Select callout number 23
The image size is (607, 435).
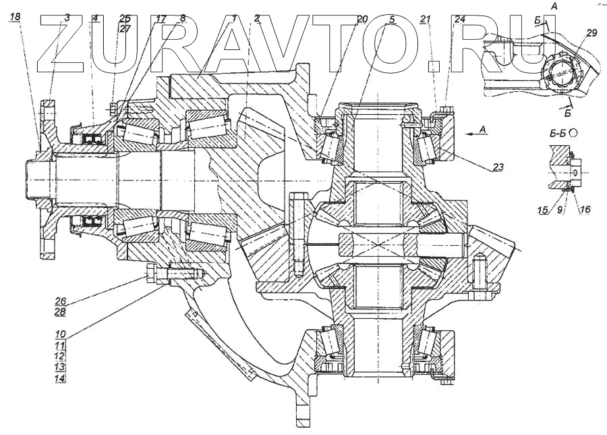click(x=498, y=167)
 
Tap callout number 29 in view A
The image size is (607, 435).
click(x=591, y=33)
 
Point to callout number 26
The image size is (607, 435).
click(x=61, y=301)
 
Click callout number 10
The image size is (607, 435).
click(x=61, y=334)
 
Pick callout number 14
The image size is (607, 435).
click(x=61, y=378)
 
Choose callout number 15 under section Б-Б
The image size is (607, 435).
click(x=543, y=210)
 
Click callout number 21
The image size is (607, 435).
click(x=425, y=19)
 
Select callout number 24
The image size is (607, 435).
click(x=460, y=19)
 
